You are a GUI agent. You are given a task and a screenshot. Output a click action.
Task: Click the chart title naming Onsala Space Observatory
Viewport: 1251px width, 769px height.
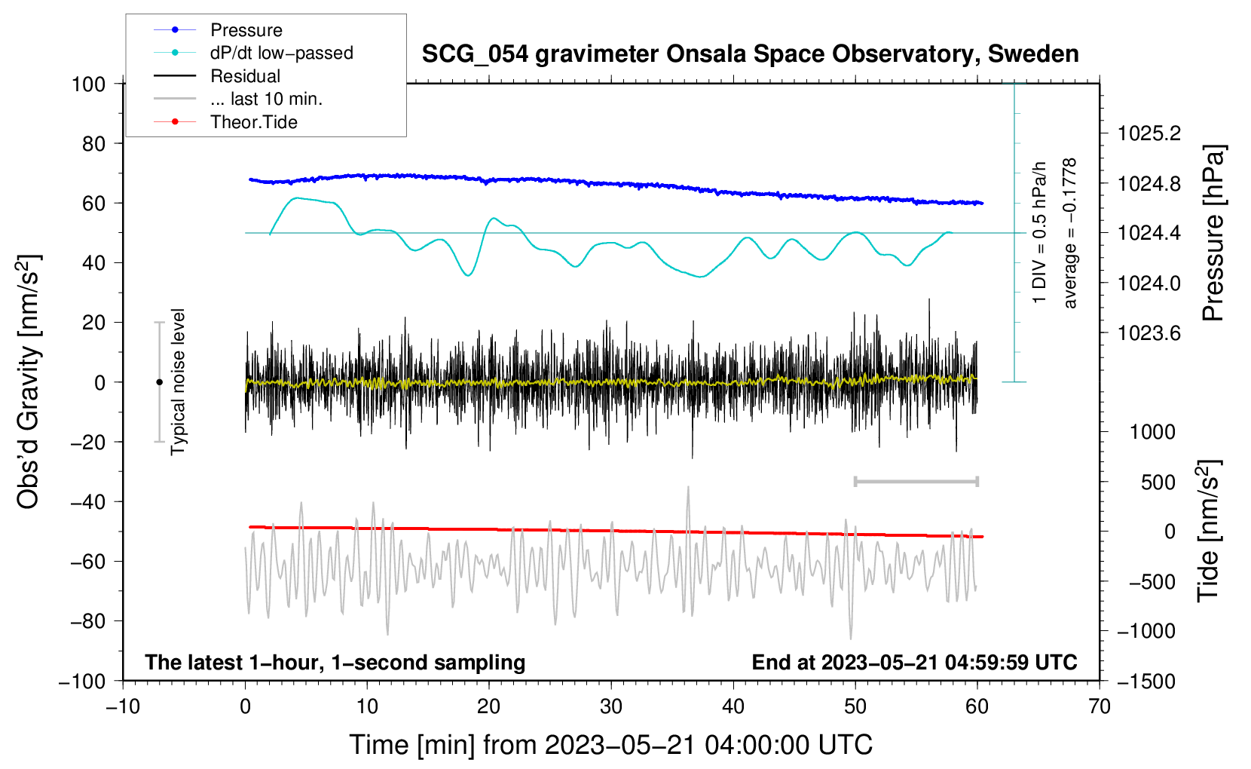coord(750,54)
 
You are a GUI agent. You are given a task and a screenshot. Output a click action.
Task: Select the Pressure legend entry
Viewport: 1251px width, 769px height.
coord(218,29)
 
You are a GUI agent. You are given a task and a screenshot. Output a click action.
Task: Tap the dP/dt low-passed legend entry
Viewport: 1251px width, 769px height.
coord(253,53)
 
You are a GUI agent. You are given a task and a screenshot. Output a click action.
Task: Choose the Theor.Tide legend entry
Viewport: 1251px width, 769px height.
coord(225,122)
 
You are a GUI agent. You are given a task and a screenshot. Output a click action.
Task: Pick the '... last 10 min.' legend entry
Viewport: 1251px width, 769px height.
coord(238,99)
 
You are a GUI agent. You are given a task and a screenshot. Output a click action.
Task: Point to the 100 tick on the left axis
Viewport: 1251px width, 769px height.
coord(89,84)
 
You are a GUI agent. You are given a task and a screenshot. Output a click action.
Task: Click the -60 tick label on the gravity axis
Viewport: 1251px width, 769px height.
coord(88,562)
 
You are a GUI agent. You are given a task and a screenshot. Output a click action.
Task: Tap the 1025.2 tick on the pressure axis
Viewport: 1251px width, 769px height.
coord(1149,133)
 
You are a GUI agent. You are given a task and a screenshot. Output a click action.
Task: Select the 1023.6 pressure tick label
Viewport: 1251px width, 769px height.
coord(1149,334)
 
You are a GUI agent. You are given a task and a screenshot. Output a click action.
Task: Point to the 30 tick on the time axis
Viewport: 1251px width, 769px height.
coord(611,707)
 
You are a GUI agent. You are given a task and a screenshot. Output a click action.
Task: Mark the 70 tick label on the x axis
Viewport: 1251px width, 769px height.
coord(1099,707)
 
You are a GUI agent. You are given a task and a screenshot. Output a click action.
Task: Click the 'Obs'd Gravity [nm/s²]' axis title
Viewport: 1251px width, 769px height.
coord(29,381)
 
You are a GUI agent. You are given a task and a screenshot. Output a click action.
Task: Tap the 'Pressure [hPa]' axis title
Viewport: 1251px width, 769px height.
coord(1213,233)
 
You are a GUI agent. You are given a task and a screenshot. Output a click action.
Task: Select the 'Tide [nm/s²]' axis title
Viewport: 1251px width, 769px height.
coord(1209,531)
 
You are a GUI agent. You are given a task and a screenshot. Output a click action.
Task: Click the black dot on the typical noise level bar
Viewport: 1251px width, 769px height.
coord(159,382)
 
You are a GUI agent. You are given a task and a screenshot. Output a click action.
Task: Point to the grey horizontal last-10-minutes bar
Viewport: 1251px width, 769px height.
coord(916,481)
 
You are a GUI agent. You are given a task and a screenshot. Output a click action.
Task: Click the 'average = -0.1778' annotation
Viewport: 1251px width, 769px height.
coord(1069,233)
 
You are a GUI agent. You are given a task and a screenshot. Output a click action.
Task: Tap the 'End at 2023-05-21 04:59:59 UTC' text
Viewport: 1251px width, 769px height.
coord(914,662)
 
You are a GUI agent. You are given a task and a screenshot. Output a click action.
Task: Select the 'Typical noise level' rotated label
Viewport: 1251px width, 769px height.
coord(178,381)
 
